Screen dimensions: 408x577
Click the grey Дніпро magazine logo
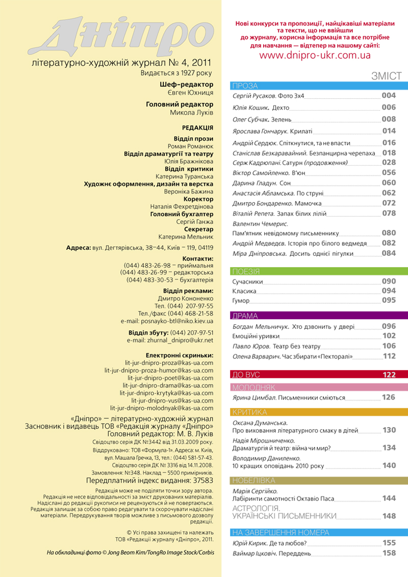click(x=122, y=36)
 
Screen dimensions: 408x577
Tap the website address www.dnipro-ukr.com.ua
click(x=315, y=56)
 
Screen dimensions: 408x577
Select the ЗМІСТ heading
click(x=386, y=76)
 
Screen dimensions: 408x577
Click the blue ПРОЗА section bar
click(x=319, y=86)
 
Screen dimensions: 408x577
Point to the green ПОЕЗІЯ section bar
click(x=319, y=271)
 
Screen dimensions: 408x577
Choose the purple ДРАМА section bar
click(x=319, y=316)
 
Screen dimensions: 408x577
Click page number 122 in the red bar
click(x=389, y=375)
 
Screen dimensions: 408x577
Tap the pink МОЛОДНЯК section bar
click(x=319, y=387)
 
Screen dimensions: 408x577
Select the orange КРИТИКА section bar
click(x=319, y=412)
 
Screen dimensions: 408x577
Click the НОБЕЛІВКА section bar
click(x=319, y=480)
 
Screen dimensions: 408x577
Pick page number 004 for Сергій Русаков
click(x=389, y=95)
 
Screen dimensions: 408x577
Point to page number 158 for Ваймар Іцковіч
click(x=389, y=553)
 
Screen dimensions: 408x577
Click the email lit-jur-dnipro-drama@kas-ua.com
click(x=168, y=386)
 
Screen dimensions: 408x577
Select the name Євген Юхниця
click(x=190, y=93)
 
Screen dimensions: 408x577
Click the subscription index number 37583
click(x=203, y=480)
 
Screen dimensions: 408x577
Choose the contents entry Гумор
click(x=241, y=301)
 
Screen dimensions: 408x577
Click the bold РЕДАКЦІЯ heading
click(x=197, y=128)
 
